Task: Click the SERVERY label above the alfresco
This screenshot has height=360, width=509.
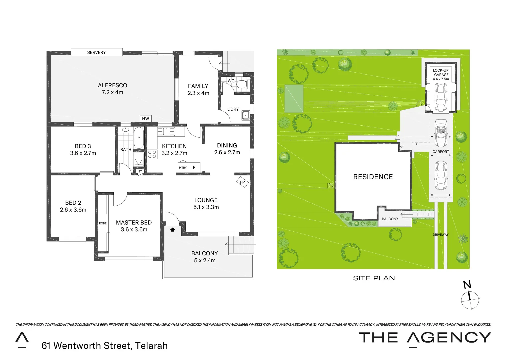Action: (96, 52)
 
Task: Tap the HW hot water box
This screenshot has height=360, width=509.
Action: (145, 119)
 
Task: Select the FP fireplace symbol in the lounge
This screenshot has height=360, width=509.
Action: (242, 182)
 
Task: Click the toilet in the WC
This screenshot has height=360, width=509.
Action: (242, 84)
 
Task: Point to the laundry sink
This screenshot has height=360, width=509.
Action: (246, 115)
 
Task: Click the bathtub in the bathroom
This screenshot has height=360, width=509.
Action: (139, 137)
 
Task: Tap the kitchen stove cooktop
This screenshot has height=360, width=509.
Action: (152, 154)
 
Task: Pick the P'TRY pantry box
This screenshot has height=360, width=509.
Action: (183, 168)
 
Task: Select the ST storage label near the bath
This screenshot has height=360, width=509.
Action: (140, 172)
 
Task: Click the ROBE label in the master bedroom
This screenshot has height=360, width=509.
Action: (103, 223)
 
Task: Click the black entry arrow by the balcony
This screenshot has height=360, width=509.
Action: (173, 229)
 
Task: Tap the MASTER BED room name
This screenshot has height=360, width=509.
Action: (134, 223)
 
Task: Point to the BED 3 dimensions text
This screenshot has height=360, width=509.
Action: (83, 153)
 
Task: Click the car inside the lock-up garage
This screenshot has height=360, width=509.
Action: (441, 97)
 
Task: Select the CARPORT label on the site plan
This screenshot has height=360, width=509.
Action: (441, 152)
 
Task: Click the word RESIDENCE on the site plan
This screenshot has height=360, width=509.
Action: (373, 177)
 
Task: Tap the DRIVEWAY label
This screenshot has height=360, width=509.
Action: (441, 235)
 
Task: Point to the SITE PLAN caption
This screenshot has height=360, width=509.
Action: (374, 278)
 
